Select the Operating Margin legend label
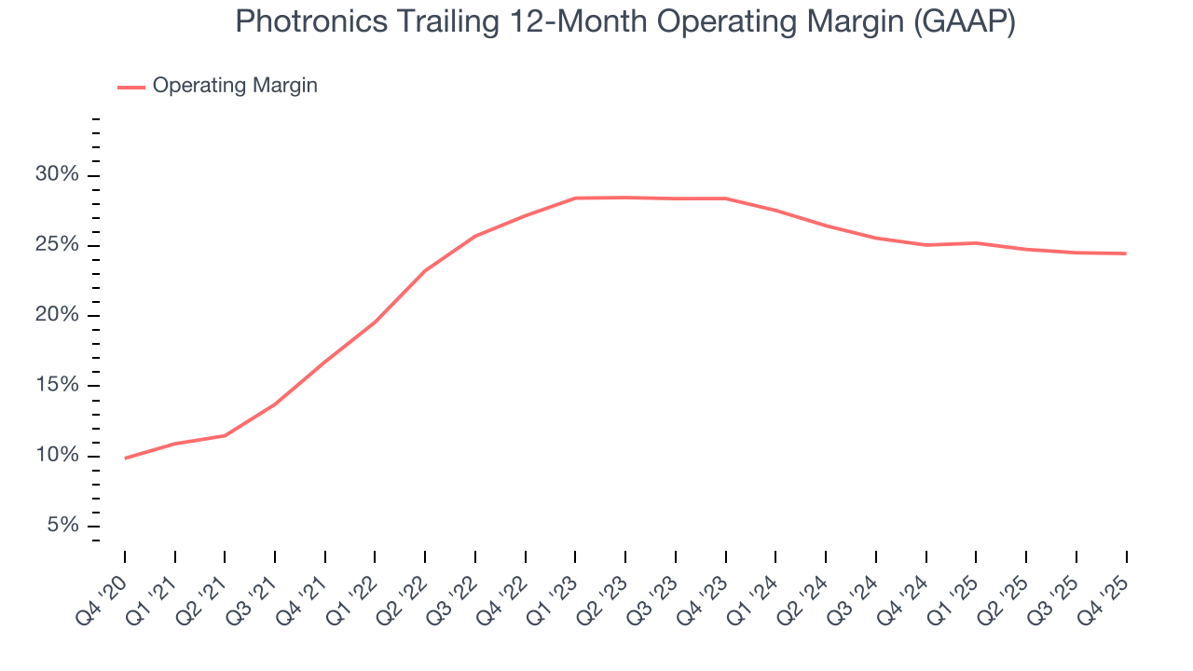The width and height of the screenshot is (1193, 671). [235, 86]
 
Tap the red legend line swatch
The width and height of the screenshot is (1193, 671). [130, 87]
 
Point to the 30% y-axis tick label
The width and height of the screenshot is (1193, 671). [57, 175]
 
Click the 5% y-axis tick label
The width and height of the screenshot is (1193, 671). [62, 526]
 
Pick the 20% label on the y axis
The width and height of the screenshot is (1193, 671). [57, 315]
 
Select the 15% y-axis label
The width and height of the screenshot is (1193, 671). [57, 386]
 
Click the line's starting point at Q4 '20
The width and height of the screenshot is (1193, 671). [125, 458]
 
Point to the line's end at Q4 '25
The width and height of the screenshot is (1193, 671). [1126, 253]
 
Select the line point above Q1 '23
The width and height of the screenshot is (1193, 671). [576, 198]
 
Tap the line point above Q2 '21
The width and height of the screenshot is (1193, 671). [225, 435]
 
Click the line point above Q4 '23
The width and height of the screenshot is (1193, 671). [726, 199]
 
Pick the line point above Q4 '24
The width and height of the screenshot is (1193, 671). [926, 245]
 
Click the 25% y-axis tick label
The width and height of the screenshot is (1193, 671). [57, 245]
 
